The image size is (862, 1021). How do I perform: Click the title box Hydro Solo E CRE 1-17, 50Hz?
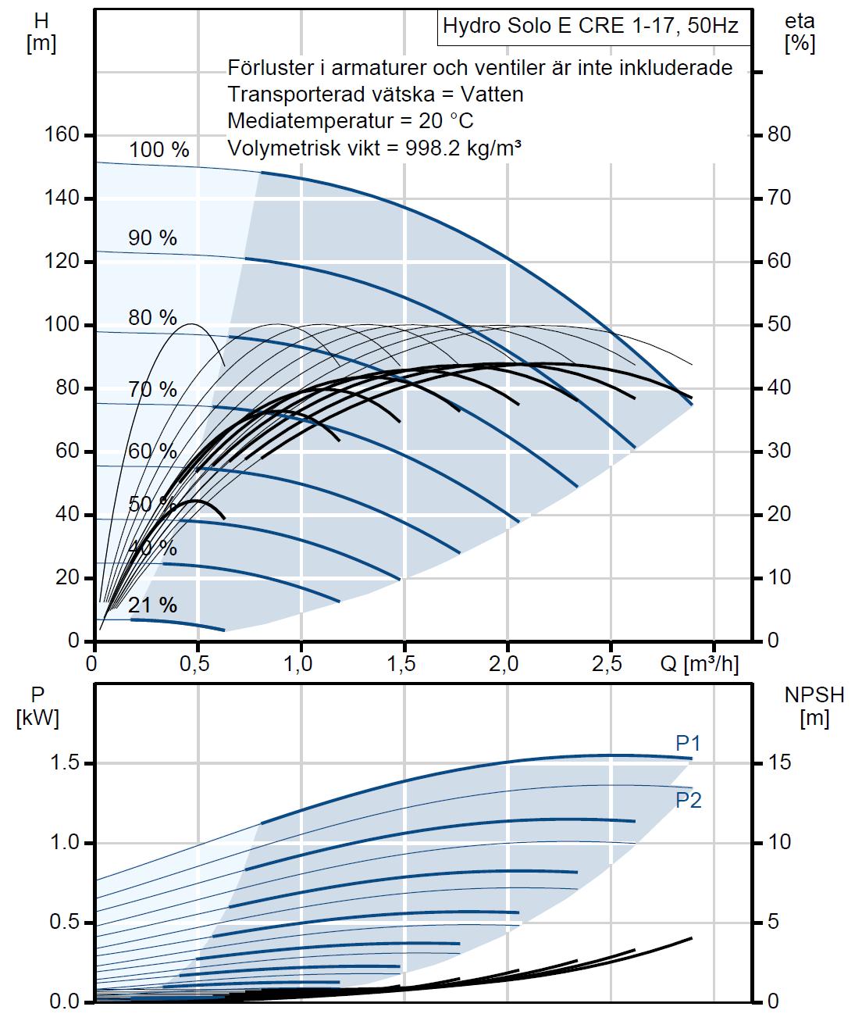coord(590,27)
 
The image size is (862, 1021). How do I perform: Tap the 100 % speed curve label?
coord(159,150)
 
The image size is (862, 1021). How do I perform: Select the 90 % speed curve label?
coord(152,238)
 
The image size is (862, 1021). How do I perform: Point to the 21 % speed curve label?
coord(152,605)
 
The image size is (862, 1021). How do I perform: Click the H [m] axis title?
coord(41,32)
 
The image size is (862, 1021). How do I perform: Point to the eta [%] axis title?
coord(800,32)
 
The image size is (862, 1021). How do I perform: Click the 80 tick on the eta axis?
coord(780,135)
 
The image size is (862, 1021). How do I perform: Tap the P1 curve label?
coord(688,744)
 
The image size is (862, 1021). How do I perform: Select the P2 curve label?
coord(688,800)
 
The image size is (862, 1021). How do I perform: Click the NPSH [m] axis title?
coord(814,706)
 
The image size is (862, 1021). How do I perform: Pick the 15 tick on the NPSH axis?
coord(780,762)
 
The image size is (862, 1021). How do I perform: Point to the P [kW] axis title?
coord(37,706)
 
